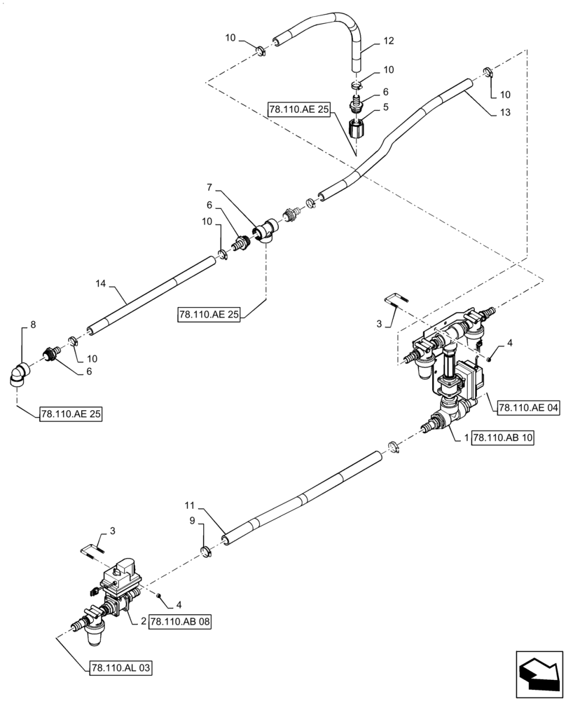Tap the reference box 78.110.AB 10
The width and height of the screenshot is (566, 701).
[503, 437]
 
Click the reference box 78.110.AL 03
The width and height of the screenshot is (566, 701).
[120, 667]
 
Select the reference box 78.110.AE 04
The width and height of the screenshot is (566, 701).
[530, 407]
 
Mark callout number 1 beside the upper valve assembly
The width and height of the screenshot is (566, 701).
[466, 437]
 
